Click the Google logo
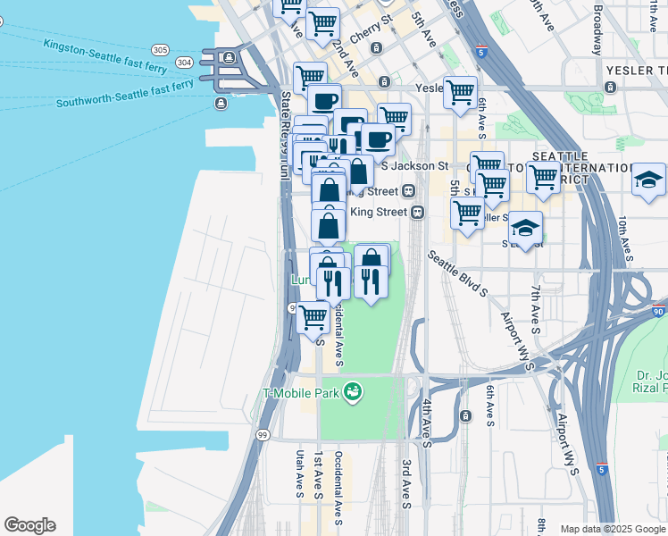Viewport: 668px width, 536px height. [x=29, y=525]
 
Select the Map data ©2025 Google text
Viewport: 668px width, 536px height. [x=612, y=529]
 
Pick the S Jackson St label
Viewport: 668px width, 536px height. [x=414, y=166]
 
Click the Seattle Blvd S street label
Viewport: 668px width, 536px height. [x=456, y=272]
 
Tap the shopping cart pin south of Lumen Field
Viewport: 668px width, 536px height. [x=313, y=317]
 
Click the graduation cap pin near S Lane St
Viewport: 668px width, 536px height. [x=526, y=227]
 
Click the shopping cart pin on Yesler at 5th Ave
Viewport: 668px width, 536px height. [x=460, y=91]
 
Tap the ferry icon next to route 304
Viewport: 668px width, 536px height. [x=229, y=58]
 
